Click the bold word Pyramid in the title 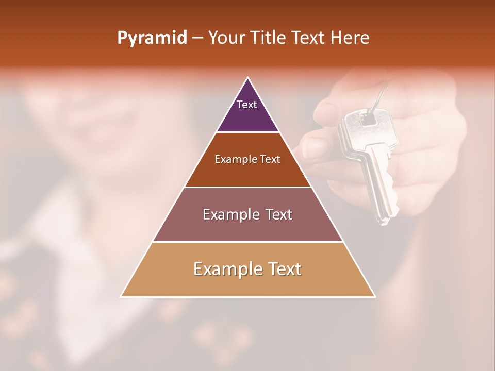[x=152, y=38]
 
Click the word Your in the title [x=226, y=38]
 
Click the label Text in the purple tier [x=247, y=105]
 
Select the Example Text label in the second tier [x=247, y=160]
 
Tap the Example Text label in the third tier [x=247, y=214]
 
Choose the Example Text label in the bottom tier [x=247, y=269]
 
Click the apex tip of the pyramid [x=248, y=78]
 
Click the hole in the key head [x=368, y=119]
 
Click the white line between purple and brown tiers [x=247, y=132]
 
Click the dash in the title [x=197, y=38]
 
